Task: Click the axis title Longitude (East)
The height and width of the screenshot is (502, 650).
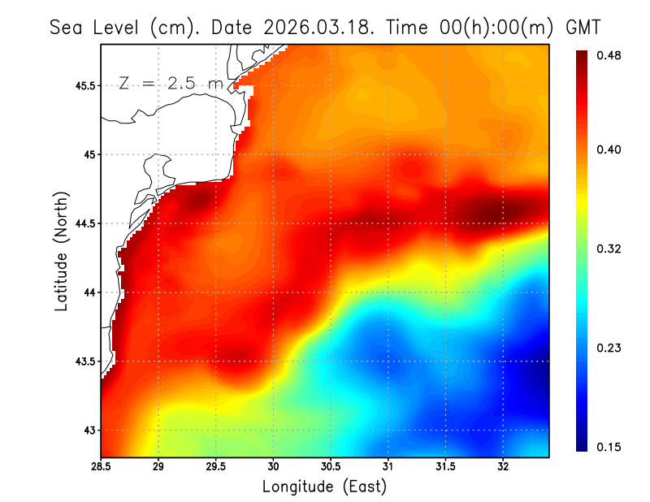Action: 324,487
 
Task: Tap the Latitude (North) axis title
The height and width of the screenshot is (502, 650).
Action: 61,251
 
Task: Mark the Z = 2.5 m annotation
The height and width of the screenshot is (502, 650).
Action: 171,84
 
